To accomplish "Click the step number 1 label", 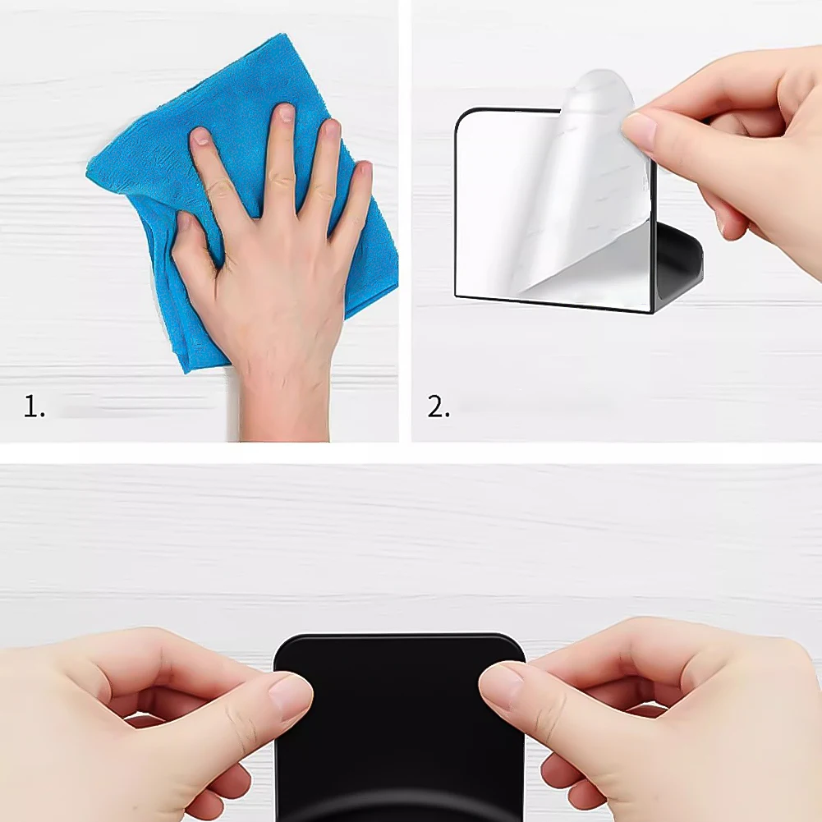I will [x=34, y=406].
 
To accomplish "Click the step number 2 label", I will [x=439, y=406].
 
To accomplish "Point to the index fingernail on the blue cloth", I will [x=201, y=136].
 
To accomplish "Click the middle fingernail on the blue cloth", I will [x=285, y=113].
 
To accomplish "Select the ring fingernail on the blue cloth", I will [x=331, y=129].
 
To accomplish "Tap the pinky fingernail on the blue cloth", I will [x=362, y=171].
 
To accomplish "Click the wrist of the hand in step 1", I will [x=283, y=394].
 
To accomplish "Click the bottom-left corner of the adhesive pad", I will [x=458, y=295].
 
